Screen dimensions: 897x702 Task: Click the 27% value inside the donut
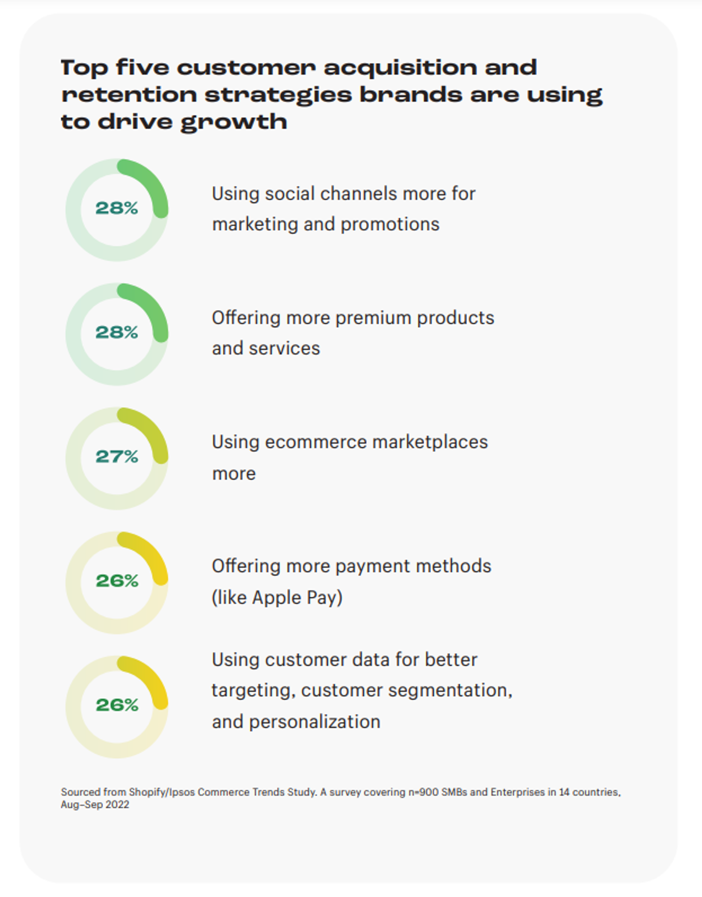[x=117, y=456]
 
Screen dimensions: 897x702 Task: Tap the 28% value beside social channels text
[x=117, y=208]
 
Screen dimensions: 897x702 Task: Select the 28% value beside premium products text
[x=117, y=333]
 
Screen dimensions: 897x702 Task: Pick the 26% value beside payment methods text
[x=117, y=581]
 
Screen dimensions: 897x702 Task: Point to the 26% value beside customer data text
[x=117, y=705]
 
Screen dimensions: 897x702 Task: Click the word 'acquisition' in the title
[x=400, y=68]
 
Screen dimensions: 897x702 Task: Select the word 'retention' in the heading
[x=129, y=95]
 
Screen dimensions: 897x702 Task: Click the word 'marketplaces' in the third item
[x=430, y=442]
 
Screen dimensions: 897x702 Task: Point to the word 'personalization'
[x=315, y=722]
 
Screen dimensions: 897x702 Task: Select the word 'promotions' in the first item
[x=390, y=225]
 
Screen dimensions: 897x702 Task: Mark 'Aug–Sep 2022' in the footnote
[x=95, y=805]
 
